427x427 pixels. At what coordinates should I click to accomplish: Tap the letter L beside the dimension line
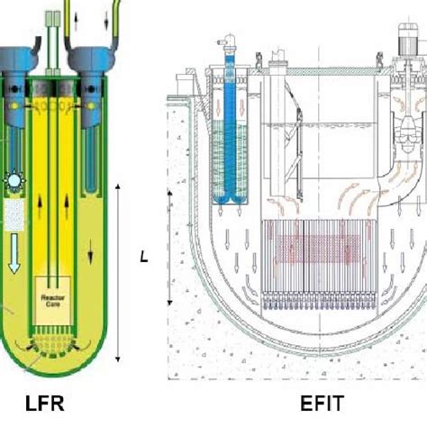tap(143, 257)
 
